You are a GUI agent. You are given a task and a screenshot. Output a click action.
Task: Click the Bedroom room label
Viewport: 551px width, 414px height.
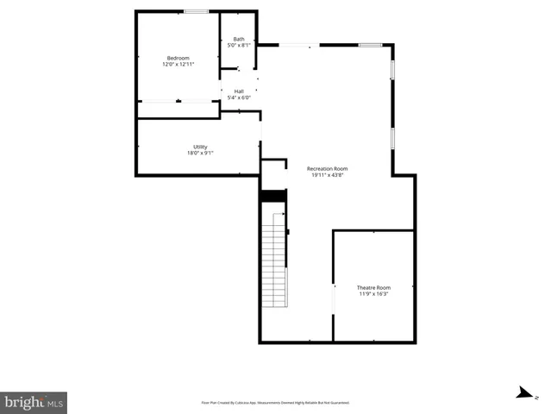[x=178, y=58]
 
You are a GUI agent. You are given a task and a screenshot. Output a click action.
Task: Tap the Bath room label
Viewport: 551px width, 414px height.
[x=239, y=39]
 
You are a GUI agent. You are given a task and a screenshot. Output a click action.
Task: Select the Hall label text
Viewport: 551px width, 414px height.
[x=239, y=91]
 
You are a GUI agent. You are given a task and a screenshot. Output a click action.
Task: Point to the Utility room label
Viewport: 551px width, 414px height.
[x=200, y=147]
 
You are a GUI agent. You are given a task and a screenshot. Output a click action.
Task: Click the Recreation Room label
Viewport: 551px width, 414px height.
[x=329, y=169]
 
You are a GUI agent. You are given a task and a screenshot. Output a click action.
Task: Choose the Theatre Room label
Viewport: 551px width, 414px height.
[x=373, y=287]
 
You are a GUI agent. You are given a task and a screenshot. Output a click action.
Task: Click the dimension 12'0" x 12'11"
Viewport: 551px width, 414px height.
[x=178, y=65]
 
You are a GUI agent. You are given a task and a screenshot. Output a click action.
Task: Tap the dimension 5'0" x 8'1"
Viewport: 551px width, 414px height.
[x=239, y=46]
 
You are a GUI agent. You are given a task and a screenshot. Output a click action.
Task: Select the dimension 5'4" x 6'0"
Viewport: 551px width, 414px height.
[x=239, y=97]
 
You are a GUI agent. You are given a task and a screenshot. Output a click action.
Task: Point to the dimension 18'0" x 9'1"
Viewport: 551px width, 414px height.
[x=200, y=154]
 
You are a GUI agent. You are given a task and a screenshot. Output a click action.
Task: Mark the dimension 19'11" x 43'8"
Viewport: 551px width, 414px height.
[x=329, y=176]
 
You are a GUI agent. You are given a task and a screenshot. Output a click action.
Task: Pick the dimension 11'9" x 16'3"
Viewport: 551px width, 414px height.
[x=373, y=294]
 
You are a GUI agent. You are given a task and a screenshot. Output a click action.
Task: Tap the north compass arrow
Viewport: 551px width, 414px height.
[x=523, y=393]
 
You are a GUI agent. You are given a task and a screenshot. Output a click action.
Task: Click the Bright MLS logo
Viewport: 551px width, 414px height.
[x=34, y=402]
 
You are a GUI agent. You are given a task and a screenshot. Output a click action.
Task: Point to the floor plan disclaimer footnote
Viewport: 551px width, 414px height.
[x=275, y=402]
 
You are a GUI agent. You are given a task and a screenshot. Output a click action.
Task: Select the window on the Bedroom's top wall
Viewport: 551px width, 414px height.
[x=196, y=11]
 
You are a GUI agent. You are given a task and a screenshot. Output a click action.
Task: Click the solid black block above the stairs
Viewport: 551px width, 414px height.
[x=272, y=197]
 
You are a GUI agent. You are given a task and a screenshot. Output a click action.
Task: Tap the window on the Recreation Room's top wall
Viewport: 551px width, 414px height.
[x=370, y=45]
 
